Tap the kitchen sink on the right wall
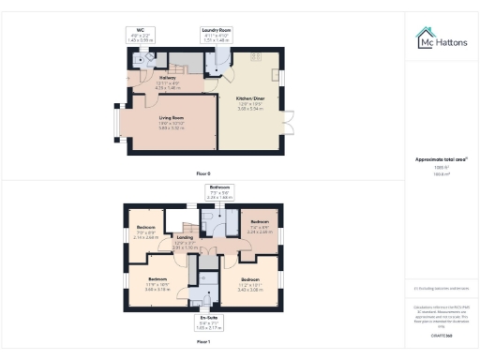coord(277,75)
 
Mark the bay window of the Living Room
coord(117,120)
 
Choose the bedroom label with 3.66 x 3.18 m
coord(156,286)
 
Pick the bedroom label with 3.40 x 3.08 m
coord(249,283)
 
